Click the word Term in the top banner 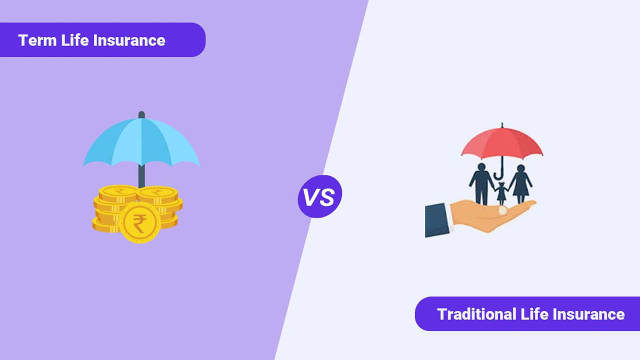click(37, 40)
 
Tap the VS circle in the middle click(319, 196)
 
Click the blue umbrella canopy click(141, 141)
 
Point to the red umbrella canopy click(502, 143)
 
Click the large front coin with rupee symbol click(139, 222)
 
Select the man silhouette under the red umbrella click(481, 184)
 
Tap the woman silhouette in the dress click(520, 184)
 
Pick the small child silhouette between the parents click(501, 193)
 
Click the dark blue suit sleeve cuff click(437, 220)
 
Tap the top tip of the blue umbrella click(141, 112)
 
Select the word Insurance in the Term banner click(129, 40)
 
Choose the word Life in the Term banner click(75, 40)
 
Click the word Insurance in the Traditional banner click(588, 314)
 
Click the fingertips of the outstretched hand click(531, 203)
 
